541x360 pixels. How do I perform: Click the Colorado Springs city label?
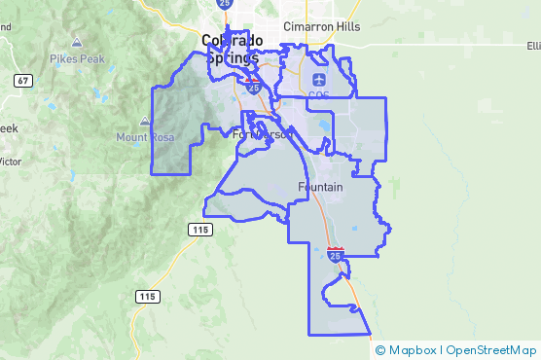(234, 48)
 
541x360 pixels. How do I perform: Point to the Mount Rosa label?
(145, 137)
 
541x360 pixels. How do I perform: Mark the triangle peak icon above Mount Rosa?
(145, 122)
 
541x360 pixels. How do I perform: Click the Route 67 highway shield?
(22, 80)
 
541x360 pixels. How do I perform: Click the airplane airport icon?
(319, 79)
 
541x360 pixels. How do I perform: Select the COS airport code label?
(319, 94)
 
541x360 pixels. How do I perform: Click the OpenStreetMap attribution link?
(491, 349)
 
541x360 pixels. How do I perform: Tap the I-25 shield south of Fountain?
(336, 255)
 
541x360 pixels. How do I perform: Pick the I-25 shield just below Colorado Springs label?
(253, 87)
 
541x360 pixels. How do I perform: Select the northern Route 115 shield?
(199, 230)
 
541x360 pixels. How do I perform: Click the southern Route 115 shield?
(147, 296)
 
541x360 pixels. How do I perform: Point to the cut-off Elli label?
(532, 46)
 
